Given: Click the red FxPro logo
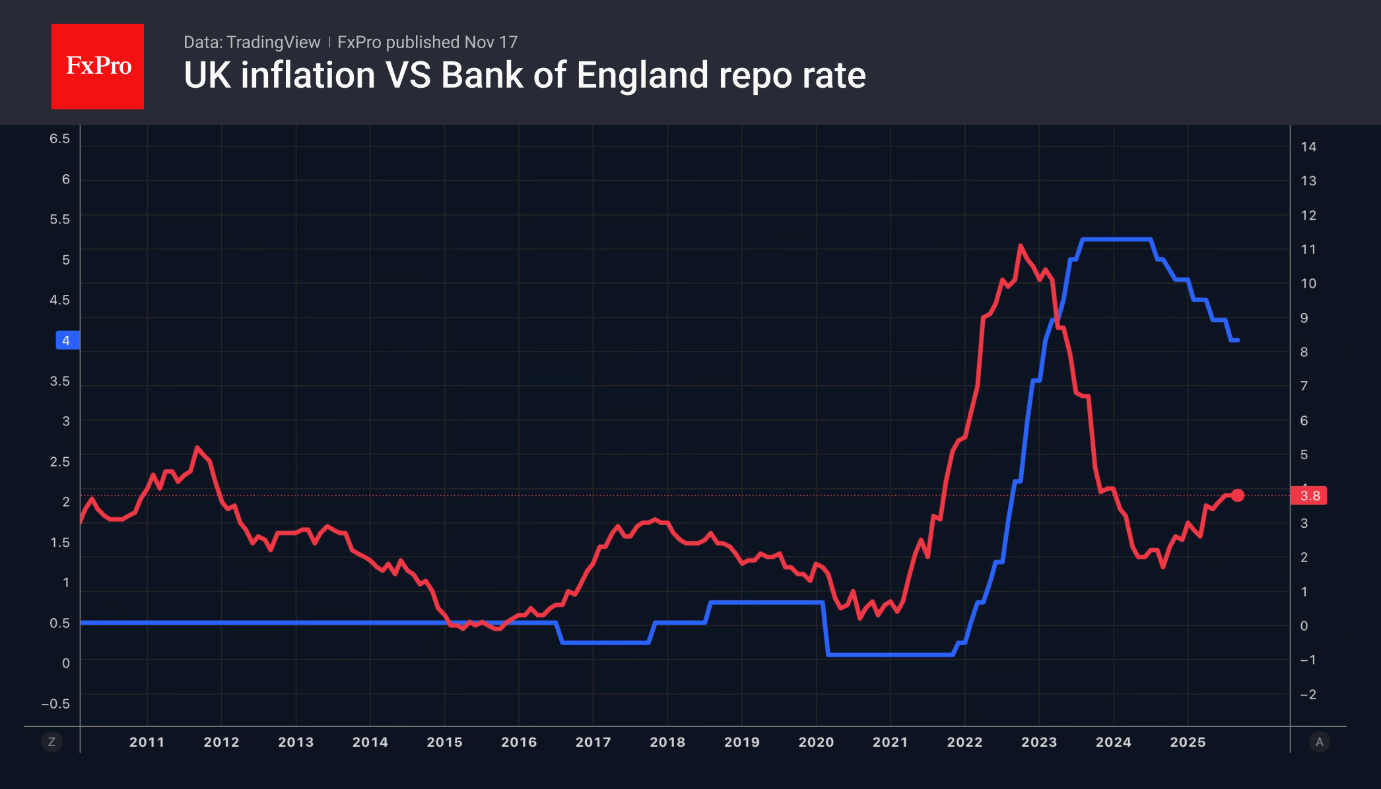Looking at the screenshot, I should click(x=98, y=66).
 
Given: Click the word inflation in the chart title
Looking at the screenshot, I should click(x=309, y=75).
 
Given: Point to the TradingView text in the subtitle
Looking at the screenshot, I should click(x=273, y=42).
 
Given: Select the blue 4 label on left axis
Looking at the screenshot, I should click(x=67, y=340).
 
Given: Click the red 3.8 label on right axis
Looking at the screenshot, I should click(x=1310, y=495).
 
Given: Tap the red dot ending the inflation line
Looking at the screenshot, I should click(x=1238, y=495).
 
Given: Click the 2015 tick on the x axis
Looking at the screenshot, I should click(x=444, y=742).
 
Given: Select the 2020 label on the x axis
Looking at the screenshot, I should click(x=816, y=742).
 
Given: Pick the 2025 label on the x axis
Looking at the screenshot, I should click(x=1188, y=742).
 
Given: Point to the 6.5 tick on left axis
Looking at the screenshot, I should click(x=59, y=139).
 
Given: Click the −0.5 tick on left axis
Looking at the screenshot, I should click(x=55, y=704).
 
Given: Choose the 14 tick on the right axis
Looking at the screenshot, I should click(x=1308, y=146).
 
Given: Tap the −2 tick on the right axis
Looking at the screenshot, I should click(x=1308, y=694).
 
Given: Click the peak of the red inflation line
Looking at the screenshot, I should click(x=1021, y=246).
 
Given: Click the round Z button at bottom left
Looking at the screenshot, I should click(x=51, y=742).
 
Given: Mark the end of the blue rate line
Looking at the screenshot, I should click(x=1237, y=340).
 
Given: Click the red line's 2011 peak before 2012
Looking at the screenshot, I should click(x=197, y=448).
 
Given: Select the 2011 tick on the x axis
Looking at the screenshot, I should click(x=147, y=742).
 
